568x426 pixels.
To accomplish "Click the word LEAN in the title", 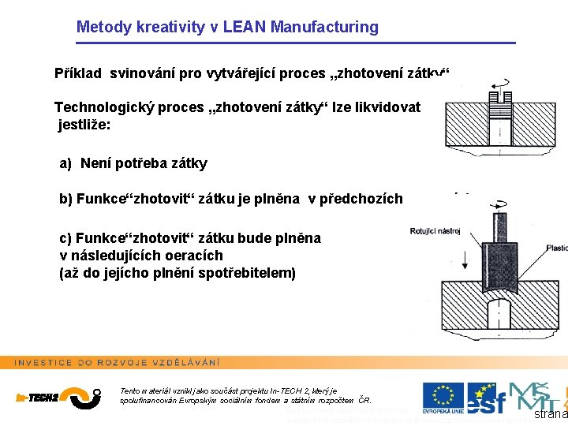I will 245,27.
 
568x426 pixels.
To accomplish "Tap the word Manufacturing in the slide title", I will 324,27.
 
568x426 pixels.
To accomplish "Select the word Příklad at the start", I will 77,74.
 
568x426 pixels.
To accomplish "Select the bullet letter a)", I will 66,164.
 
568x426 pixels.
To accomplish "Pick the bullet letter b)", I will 66,199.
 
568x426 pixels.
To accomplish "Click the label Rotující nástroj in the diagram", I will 435,231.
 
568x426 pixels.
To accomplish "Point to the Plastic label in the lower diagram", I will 556,248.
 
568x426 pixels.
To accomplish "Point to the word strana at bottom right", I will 551,414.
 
